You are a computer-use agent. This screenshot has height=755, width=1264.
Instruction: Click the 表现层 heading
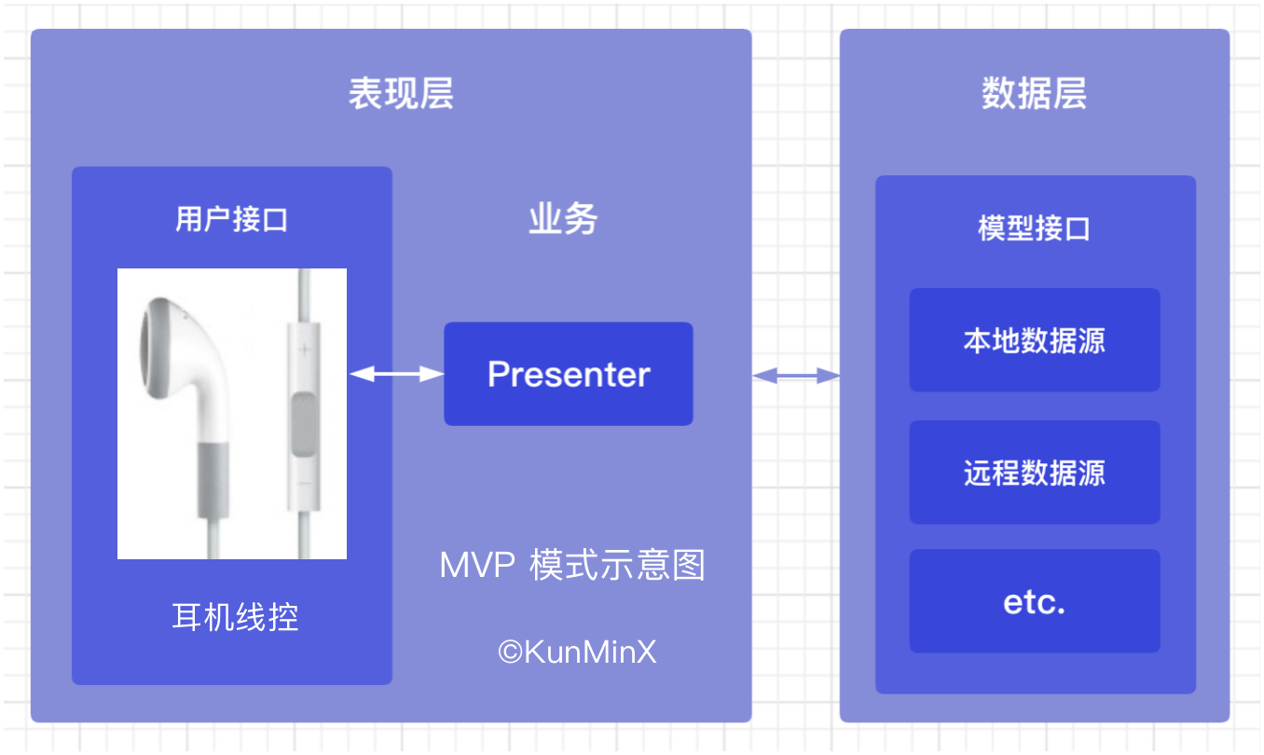(401, 93)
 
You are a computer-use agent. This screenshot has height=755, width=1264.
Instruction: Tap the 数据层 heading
(1035, 93)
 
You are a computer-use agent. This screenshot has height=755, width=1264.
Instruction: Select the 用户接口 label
(231, 219)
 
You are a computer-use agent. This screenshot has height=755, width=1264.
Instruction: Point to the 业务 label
(563, 219)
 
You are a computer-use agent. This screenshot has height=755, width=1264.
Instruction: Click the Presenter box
(569, 374)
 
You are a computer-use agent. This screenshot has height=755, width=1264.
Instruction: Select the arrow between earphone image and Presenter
(396, 374)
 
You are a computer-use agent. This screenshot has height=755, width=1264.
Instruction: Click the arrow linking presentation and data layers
(796, 376)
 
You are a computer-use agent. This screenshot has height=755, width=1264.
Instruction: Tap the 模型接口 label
(1034, 228)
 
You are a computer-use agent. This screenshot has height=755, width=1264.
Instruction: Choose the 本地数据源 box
(1035, 339)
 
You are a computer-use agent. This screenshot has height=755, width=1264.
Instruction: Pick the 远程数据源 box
(1035, 473)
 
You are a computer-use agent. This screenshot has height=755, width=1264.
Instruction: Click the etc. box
(1035, 601)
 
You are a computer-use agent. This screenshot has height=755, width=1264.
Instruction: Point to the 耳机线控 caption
(235, 617)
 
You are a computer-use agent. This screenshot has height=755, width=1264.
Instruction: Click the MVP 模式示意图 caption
(572, 565)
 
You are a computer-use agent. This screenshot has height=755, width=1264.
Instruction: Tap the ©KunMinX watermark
(577, 652)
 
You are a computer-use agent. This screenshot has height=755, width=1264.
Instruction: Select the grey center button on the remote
(304, 424)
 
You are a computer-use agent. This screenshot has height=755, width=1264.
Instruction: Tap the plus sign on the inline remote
(304, 350)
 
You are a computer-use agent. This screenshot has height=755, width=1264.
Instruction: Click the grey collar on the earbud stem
(213, 480)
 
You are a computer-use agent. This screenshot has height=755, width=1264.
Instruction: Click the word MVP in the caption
(477, 565)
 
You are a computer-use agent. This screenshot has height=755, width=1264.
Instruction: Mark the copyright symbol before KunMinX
(511, 652)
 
